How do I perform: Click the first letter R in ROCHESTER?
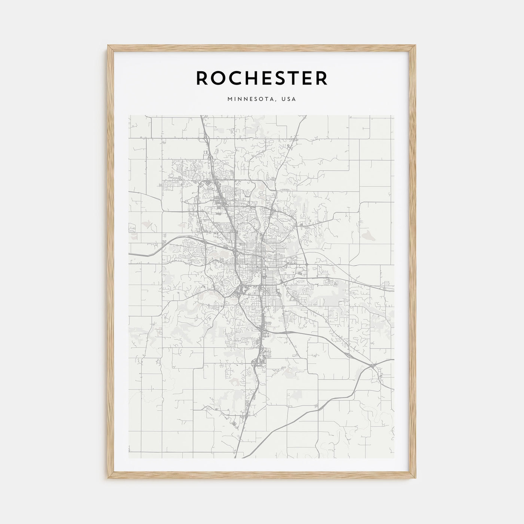pyautogui.click(x=203, y=78)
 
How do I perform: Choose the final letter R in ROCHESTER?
pyautogui.click(x=322, y=78)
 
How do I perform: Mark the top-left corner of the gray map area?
pyautogui.click(x=129, y=115)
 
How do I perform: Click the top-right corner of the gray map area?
pyautogui.click(x=394, y=115)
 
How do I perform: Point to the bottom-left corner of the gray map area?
pyautogui.click(x=129, y=458)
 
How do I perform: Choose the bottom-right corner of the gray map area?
pyautogui.click(x=394, y=458)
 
